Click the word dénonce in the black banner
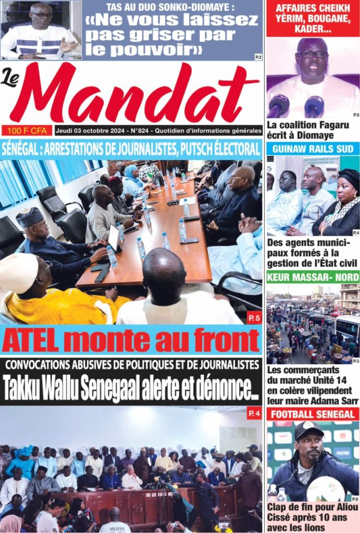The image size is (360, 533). (225, 388)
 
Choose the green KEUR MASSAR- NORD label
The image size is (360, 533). (313, 277)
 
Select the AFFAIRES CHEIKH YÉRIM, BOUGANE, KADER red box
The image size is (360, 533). (313, 19)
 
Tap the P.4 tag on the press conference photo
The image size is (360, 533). (254, 414)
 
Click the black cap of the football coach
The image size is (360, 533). (309, 429)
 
